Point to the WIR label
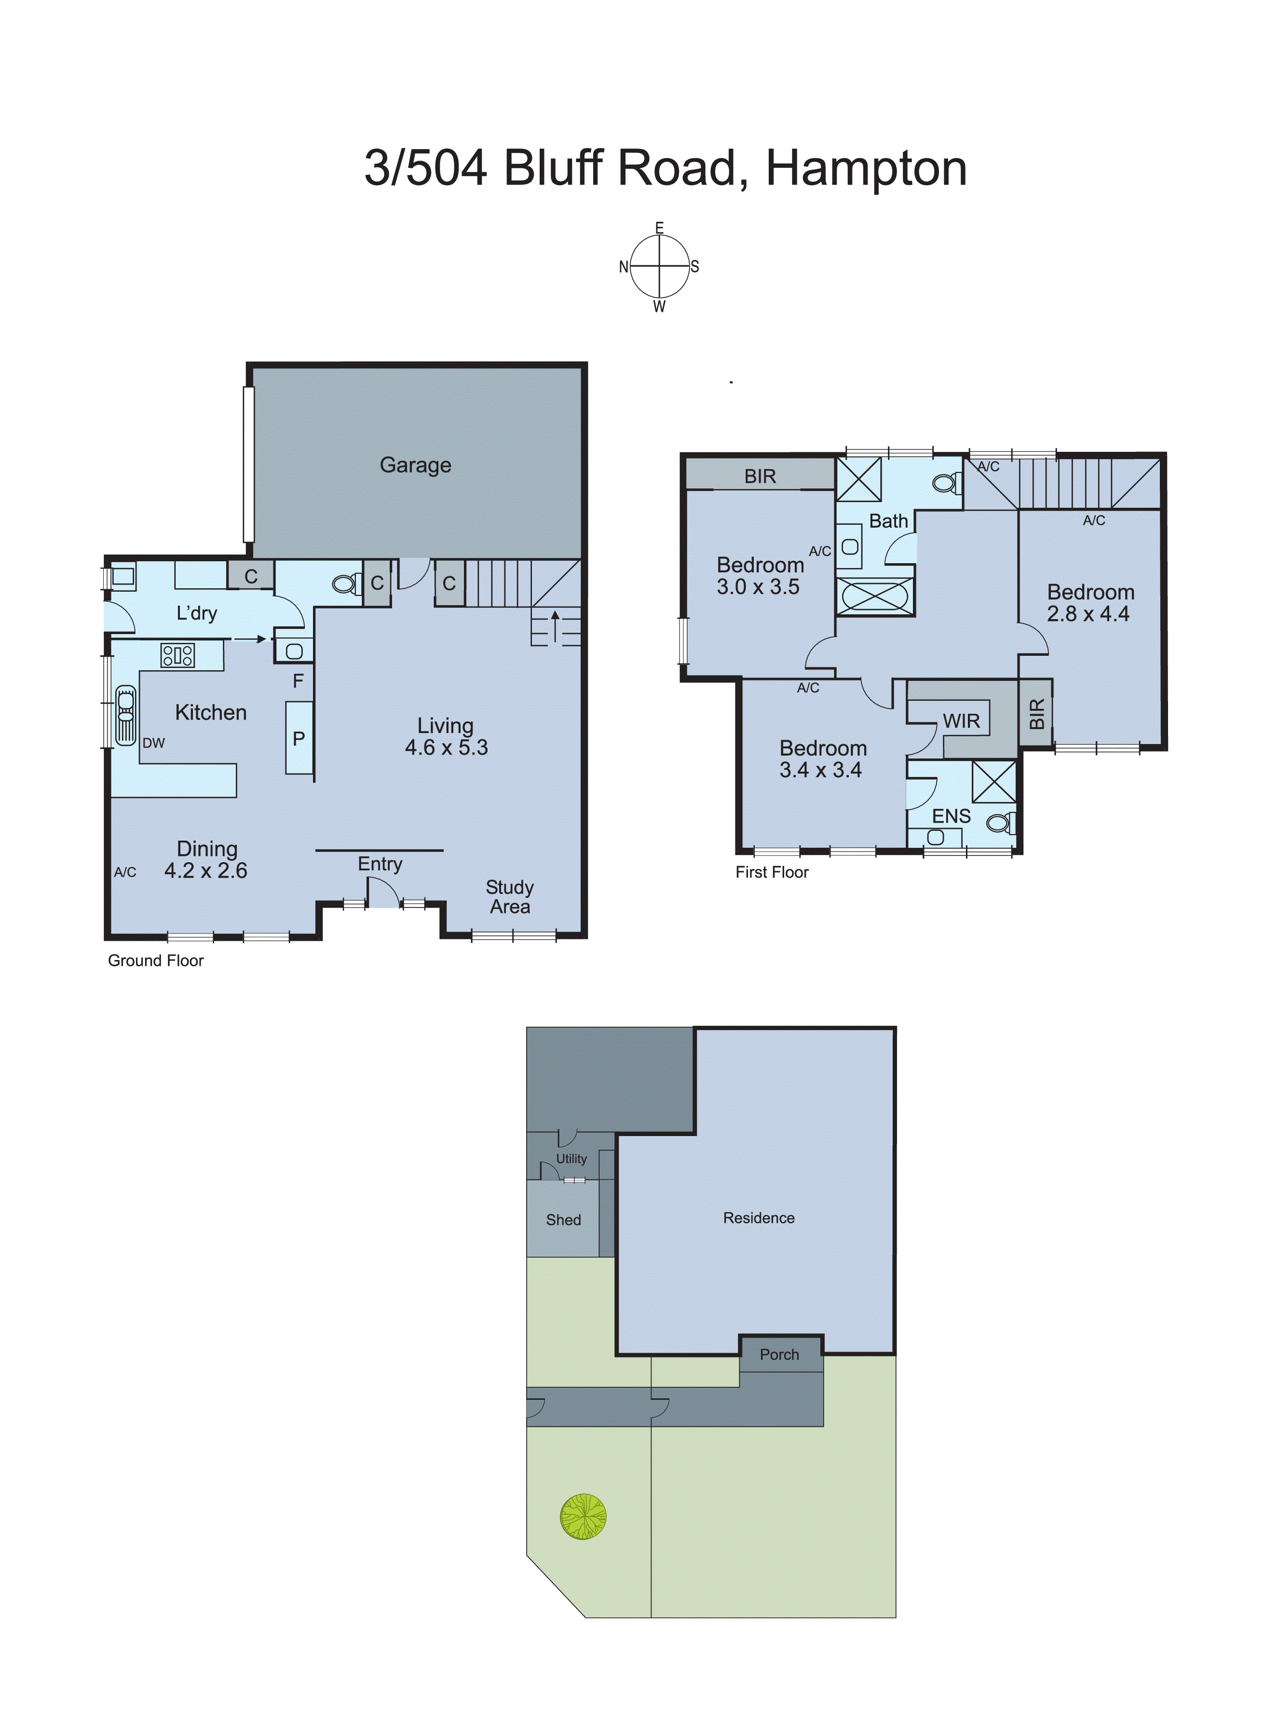pos(961,721)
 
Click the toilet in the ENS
pos(1000,823)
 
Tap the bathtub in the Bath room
pos(874,596)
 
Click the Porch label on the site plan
pos(779,1354)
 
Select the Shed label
pos(563,1219)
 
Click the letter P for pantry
pos(299,739)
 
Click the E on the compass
pos(659,228)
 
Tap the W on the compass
pos(659,307)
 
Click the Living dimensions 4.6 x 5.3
pos(447,747)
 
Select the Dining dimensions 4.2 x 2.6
pos(206,871)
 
